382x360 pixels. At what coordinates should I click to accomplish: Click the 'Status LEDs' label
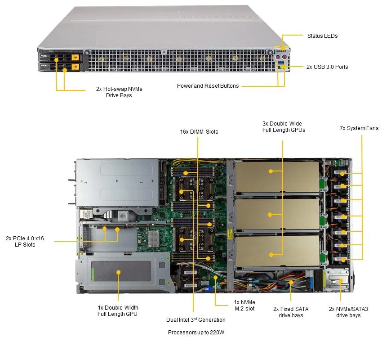pyautogui.click(x=322, y=36)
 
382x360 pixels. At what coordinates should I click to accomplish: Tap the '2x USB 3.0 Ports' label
pyautogui.click(x=327, y=67)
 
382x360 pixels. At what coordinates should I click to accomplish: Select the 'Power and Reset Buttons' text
pyautogui.click(x=208, y=85)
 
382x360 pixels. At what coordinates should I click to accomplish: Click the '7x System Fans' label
pyautogui.click(x=359, y=128)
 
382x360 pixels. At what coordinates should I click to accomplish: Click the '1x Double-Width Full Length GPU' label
pyautogui.click(x=118, y=310)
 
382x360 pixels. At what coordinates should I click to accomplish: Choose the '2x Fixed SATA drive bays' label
pyautogui.click(x=291, y=312)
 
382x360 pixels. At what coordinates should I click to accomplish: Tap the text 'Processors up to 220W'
pyautogui.click(x=196, y=333)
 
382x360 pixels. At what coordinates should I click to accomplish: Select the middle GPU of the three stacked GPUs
pyautogui.click(x=270, y=215)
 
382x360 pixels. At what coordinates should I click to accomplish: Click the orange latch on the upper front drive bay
pyautogui.click(x=75, y=58)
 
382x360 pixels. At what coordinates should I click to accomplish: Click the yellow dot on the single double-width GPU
pyautogui.click(x=118, y=272)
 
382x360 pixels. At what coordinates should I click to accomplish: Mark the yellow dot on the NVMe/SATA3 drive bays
pyautogui.click(x=340, y=281)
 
